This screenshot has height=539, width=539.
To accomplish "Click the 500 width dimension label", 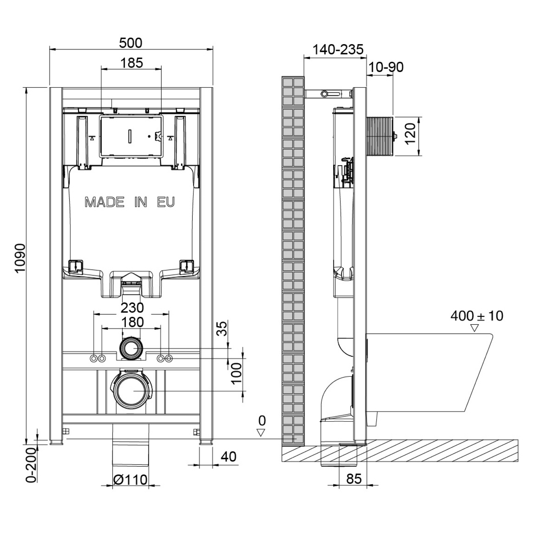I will [130, 43].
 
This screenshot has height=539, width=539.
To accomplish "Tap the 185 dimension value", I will [132, 63].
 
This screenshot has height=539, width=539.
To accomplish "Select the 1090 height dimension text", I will [20, 258].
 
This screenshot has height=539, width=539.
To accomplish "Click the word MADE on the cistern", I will [104, 202].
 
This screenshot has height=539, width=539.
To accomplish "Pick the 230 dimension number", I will [132, 308].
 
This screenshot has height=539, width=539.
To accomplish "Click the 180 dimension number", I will [132, 322].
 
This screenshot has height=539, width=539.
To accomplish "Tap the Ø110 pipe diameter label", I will [130, 480].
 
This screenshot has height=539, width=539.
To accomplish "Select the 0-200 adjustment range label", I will [31, 465].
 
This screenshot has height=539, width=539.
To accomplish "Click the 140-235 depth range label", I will [338, 50].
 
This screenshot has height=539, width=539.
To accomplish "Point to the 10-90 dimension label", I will [386, 67].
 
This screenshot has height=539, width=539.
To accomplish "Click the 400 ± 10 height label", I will [477, 316].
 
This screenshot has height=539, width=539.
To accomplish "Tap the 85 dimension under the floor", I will [354, 479].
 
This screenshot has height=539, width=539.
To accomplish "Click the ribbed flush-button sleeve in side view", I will [380, 136].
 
